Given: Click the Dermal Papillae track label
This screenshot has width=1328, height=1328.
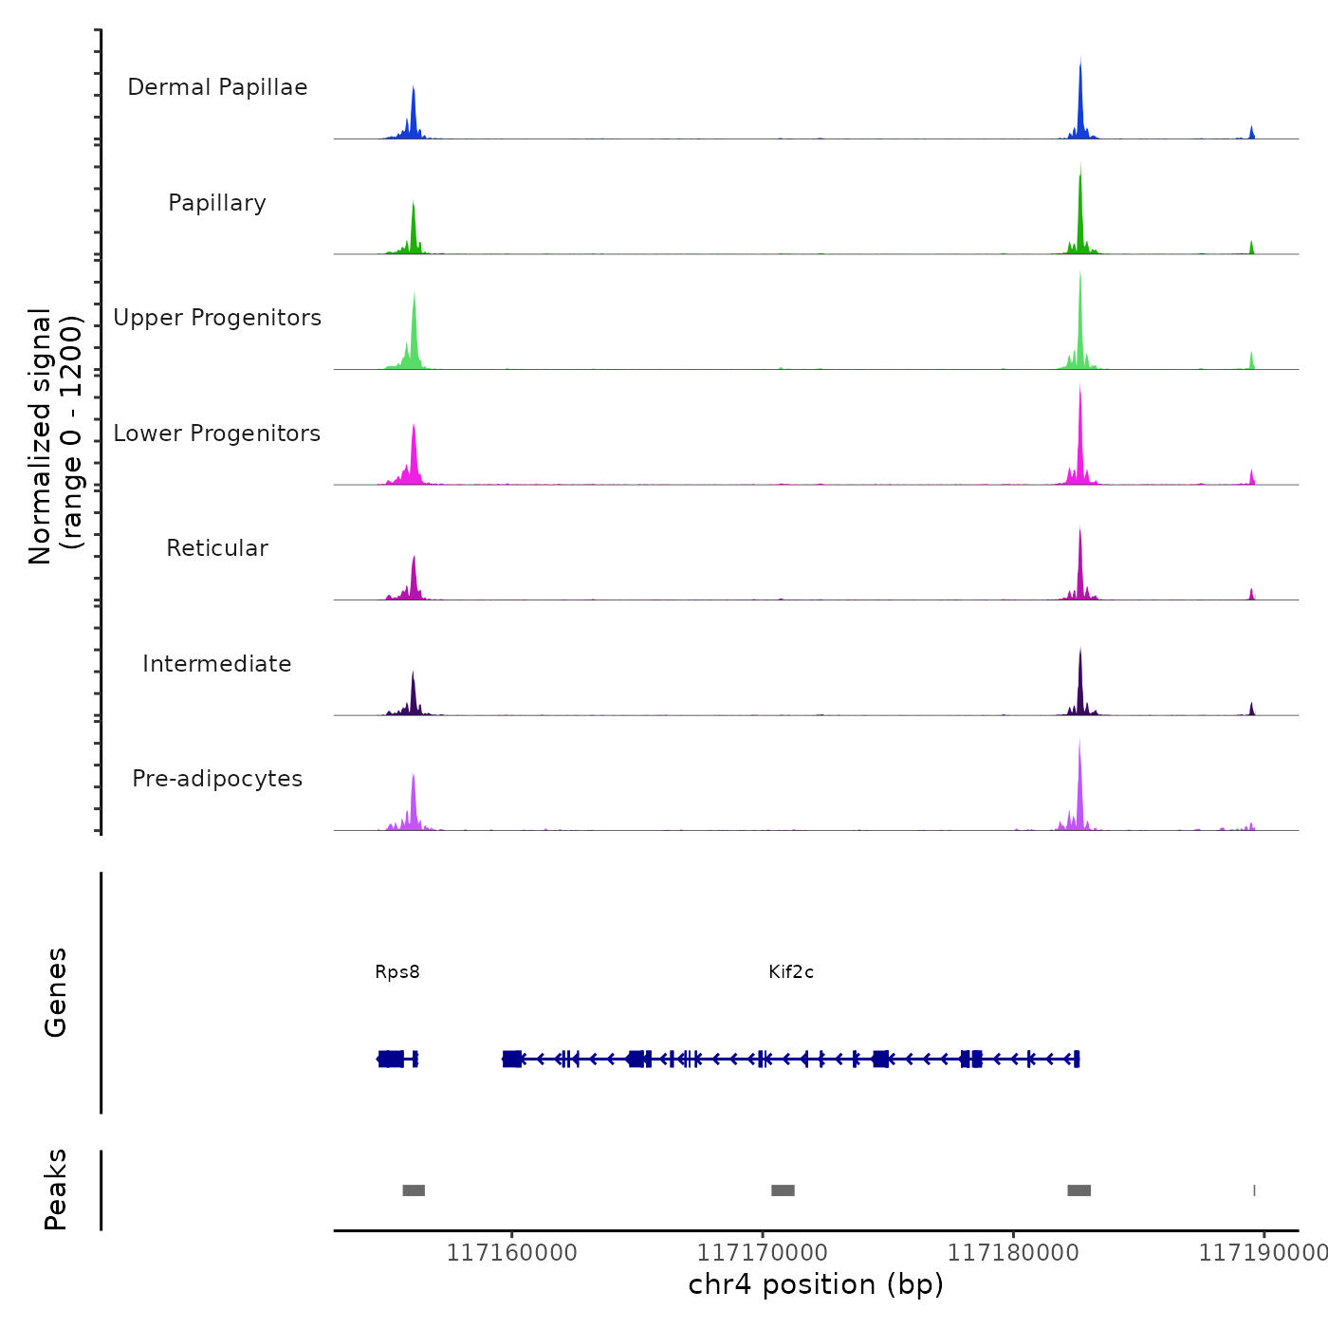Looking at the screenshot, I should (x=217, y=87).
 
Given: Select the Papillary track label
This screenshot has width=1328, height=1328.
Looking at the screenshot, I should (x=217, y=203).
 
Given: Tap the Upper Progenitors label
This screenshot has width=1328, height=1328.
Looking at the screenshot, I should (x=217, y=318).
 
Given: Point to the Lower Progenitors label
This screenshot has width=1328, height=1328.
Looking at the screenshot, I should (x=217, y=433).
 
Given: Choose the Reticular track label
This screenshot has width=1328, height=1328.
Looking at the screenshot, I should (x=217, y=548).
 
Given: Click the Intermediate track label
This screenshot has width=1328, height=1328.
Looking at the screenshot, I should (x=217, y=664).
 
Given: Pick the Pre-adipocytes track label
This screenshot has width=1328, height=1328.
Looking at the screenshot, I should (x=217, y=779).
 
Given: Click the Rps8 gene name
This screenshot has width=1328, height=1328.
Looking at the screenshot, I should (x=397, y=972).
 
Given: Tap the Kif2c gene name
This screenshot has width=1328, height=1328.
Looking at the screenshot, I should (x=791, y=972).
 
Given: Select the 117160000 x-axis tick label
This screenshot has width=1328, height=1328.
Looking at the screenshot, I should (x=511, y=1253).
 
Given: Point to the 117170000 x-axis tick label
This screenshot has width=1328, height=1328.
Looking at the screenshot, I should (x=763, y=1253).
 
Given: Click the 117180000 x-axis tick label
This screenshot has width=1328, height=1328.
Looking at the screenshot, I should (x=1013, y=1253).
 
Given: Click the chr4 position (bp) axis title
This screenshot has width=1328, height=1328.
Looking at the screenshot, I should (x=816, y=1284).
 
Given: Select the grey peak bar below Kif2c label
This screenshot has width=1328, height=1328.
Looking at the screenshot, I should (x=783, y=1190).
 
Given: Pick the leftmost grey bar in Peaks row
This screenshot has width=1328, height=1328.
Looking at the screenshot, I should (x=414, y=1190).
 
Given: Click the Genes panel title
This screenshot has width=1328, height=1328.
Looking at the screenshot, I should (x=56, y=992).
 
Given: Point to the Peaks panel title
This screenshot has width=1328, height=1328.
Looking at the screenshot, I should (x=56, y=1190).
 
